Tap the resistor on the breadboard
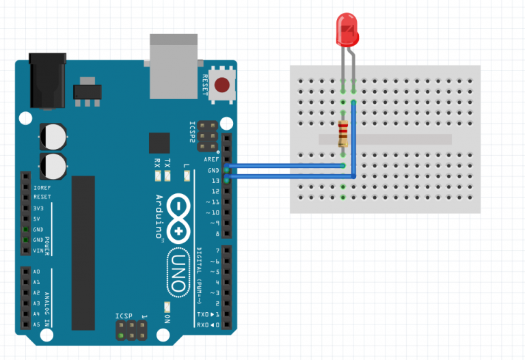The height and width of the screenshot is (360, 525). [x=342, y=133]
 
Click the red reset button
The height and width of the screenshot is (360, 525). [x=221, y=85]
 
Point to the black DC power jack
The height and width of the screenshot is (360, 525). [x=47, y=80]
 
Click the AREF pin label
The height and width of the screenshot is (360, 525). [x=213, y=158]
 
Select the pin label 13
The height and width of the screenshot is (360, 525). [x=215, y=180]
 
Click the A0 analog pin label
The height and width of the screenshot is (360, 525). [x=37, y=271]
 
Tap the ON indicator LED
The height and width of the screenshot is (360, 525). [x=166, y=308]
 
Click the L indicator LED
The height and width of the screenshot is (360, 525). [x=186, y=176]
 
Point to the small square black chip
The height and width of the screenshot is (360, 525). [x=159, y=143]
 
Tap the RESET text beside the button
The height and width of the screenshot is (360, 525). [x=204, y=85]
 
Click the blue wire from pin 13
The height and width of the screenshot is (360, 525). [x=287, y=177]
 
